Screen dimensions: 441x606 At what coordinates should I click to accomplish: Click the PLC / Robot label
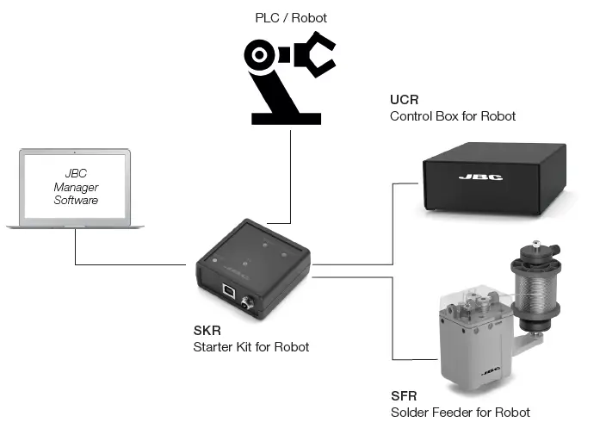291,17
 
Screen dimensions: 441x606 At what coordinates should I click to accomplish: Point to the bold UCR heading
404,101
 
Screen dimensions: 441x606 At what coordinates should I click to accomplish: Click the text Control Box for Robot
453,116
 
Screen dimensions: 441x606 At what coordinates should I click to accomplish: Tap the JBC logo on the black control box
479,178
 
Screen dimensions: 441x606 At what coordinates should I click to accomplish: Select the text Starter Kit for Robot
250,347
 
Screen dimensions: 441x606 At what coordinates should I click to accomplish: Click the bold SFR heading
404,396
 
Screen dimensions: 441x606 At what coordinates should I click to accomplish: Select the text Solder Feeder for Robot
460,412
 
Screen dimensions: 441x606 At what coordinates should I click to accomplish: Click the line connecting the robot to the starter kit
290,172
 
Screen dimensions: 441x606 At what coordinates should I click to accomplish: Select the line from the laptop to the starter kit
129,264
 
